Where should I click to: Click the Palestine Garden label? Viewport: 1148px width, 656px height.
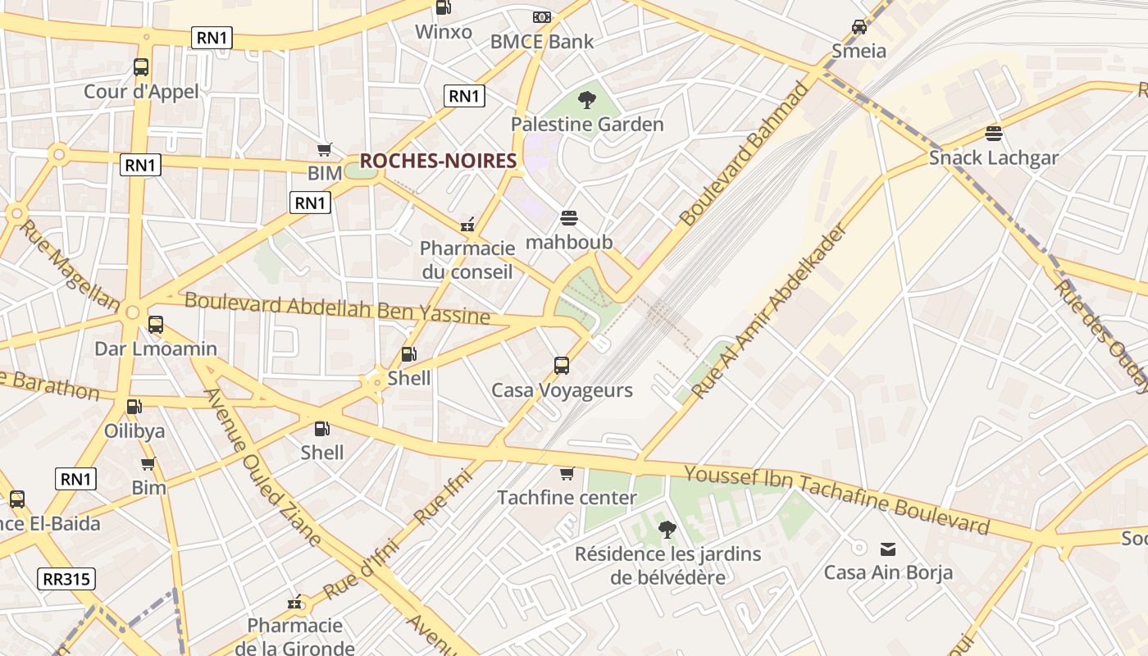tap(587, 125)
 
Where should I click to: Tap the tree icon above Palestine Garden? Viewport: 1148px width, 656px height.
tap(586, 101)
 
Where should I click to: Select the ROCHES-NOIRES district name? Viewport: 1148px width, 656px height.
tap(438, 161)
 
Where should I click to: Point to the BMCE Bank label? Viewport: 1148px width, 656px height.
tap(541, 41)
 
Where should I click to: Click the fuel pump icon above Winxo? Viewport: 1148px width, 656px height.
tap(443, 8)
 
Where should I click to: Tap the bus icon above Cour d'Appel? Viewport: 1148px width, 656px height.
tap(141, 67)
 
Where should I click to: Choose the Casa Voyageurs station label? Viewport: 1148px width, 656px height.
tap(562, 390)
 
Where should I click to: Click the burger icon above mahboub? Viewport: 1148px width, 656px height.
tap(569, 218)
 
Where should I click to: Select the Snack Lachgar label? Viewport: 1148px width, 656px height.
tap(993, 157)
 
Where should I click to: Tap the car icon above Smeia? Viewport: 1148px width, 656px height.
tap(859, 27)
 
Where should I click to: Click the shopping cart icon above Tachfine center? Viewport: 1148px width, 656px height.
tap(567, 474)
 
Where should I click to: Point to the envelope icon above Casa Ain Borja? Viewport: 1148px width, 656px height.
tap(888, 549)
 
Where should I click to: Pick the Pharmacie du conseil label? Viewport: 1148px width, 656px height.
tap(467, 260)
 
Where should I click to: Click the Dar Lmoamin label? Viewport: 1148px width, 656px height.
tap(156, 348)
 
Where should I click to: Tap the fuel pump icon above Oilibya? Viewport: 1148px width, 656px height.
tap(134, 406)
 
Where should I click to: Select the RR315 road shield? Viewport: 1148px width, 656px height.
tap(66, 579)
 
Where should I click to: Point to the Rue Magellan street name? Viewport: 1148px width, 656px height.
tap(69, 265)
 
